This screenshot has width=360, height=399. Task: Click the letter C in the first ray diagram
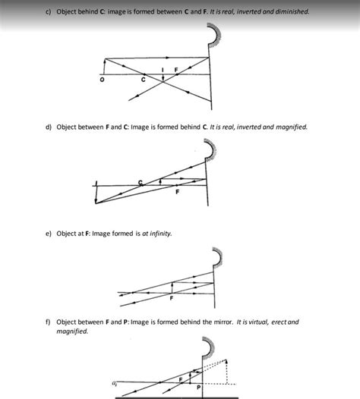point(143,80)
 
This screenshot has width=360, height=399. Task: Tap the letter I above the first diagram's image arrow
point(163,70)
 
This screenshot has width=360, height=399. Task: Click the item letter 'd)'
point(47,127)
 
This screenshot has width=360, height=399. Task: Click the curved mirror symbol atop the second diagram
point(216,151)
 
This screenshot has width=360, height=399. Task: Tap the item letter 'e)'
point(47,234)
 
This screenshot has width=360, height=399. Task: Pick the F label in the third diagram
point(172,298)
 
